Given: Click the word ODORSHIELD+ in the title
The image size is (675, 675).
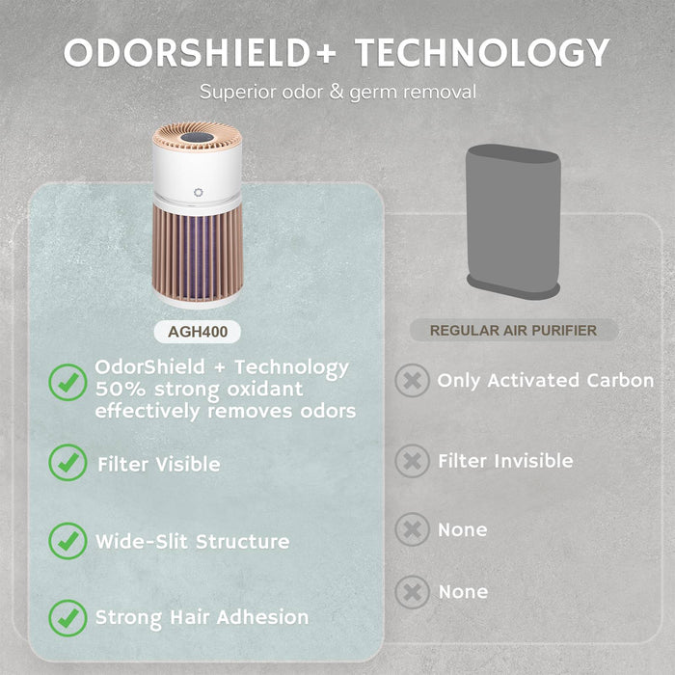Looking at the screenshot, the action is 200,52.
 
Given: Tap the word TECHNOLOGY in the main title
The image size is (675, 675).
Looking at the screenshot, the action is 482,52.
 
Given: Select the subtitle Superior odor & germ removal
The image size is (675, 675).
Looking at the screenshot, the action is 337,93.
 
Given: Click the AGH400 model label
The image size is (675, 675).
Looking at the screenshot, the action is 198,332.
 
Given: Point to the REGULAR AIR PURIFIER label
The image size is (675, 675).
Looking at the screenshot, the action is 513,330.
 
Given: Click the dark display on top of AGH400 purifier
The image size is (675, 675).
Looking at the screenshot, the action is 197,138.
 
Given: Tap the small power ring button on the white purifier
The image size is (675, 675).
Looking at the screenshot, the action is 198,193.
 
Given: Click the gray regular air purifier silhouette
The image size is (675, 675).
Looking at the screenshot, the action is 513,222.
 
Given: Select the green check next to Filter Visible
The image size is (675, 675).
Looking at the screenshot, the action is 67,462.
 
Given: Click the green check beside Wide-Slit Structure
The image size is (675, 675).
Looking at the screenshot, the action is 67,541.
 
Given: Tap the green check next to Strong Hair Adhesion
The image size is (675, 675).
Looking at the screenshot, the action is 67,618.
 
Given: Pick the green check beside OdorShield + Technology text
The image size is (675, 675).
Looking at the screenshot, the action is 67,382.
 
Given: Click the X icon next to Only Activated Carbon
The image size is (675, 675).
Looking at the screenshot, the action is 412,380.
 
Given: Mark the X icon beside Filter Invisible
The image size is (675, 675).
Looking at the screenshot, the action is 412,461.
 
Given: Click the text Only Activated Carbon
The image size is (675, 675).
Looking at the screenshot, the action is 546,380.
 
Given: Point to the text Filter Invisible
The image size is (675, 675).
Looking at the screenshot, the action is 505,461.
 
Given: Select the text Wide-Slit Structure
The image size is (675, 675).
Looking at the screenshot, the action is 193,541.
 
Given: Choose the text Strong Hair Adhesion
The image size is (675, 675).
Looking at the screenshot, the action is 202,618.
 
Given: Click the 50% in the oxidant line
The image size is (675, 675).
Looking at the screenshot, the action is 121,390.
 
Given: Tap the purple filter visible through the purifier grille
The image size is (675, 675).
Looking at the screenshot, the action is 197,256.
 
